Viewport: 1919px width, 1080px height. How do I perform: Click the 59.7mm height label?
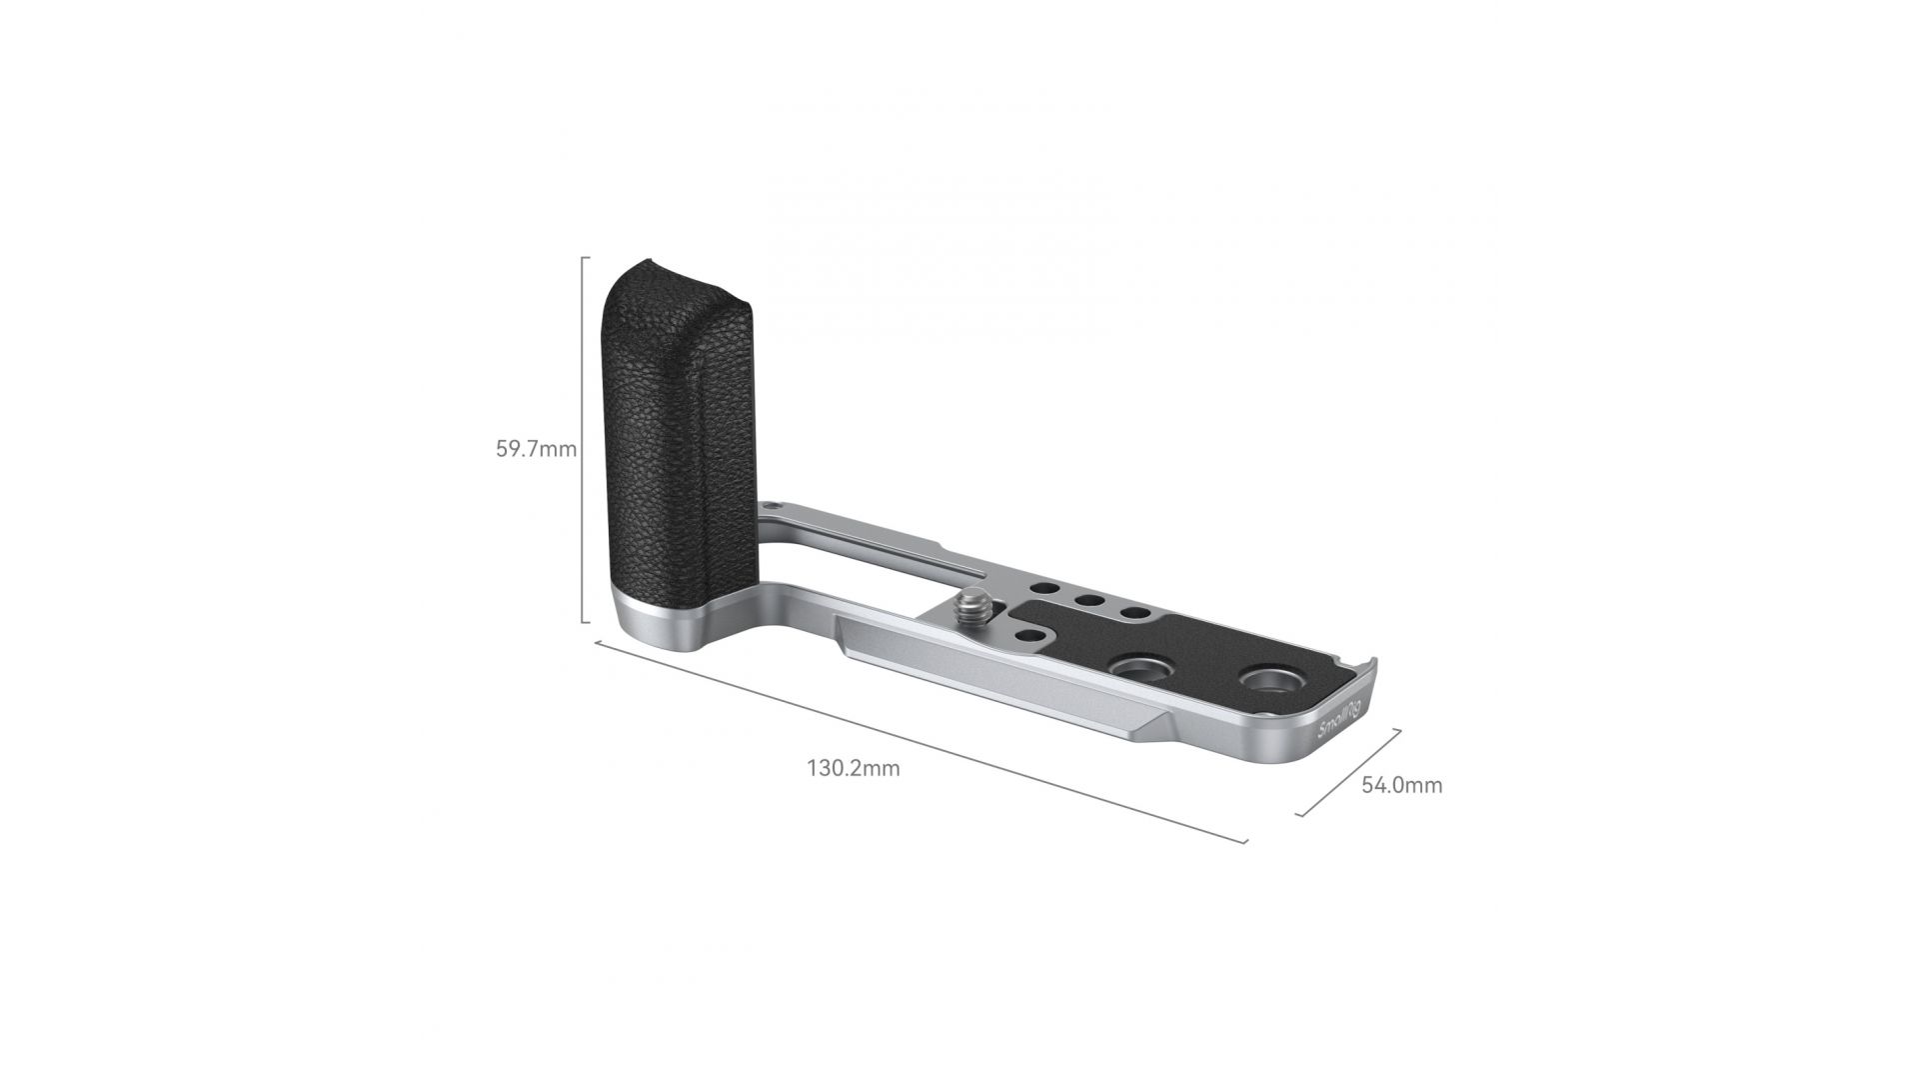(x=537, y=449)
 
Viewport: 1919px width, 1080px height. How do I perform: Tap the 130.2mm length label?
(x=854, y=768)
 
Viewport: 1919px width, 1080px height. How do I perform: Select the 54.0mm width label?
(x=1402, y=785)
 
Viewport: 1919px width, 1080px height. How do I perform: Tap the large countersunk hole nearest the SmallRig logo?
(x=1265, y=680)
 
